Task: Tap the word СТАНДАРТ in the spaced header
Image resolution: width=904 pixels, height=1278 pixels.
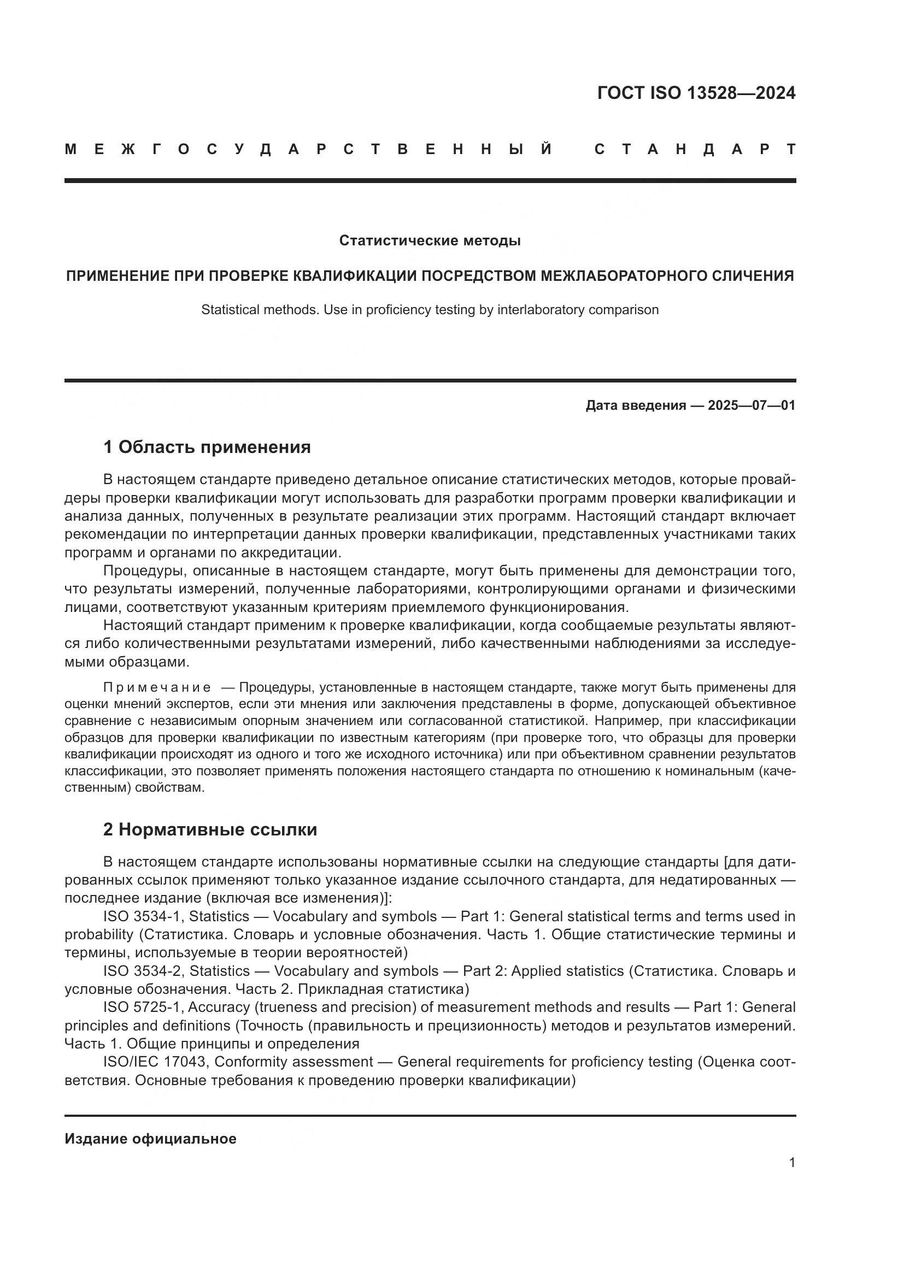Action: pyautogui.click(x=695, y=149)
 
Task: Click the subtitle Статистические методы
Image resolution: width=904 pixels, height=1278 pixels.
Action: pyautogui.click(x=430, y=240)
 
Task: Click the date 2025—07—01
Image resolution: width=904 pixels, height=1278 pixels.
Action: pyautogui.click(x=752, y=405)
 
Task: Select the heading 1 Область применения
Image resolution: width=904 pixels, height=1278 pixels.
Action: pyautogui.click(x=207, y=447)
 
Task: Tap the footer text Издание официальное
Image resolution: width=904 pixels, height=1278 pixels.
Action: pyautogui.click(x=150, y=1139)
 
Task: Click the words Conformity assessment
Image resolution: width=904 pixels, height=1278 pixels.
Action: pyautogui.click(x=293, y=1062)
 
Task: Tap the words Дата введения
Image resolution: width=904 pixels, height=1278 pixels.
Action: pyautogui.click(x=636, y=405)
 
